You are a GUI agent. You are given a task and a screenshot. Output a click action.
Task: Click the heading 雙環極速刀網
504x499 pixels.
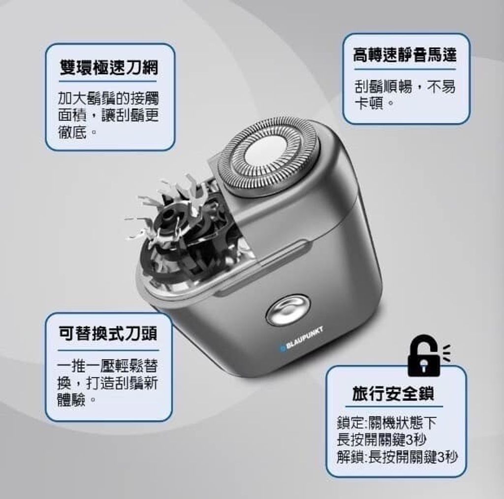coord(109,68)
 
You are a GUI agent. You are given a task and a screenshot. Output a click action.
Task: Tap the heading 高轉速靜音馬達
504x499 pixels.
coord(405,54)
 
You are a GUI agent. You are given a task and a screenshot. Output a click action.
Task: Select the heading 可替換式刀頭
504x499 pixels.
coord(108,334)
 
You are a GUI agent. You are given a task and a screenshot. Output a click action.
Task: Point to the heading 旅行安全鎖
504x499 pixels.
coord(393,393)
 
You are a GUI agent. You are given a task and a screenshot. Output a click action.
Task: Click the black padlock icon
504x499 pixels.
coord(424,356)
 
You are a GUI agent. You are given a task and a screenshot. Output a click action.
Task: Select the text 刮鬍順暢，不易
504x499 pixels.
coord(405,87)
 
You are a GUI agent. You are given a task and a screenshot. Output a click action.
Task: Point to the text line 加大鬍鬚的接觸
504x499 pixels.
coord(108,98)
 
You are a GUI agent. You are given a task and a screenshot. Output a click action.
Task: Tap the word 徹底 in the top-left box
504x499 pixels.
coord(73,132)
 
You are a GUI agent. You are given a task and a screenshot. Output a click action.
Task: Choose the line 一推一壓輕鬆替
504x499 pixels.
coord(107,365)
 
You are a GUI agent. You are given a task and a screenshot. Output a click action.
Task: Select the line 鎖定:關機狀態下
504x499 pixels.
coord(387,423)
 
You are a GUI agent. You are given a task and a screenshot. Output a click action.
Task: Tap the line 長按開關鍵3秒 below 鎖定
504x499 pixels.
coord(381,440)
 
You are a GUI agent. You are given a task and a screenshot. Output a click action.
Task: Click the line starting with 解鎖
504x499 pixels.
coord(397,457)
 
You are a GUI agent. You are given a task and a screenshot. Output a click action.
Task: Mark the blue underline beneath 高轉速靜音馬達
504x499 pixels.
coord(405,69)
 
